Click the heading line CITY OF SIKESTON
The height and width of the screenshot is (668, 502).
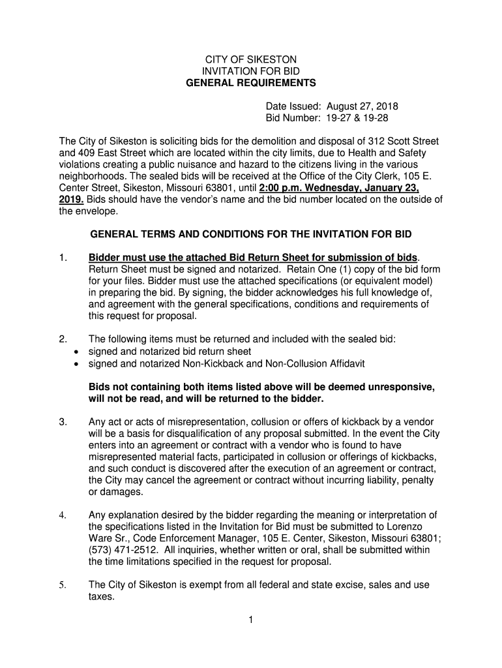250,59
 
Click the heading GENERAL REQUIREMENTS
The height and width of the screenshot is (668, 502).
250,83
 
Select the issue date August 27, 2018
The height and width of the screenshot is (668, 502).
362,106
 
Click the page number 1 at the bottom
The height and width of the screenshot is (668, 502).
250,620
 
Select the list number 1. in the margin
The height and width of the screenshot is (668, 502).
63,258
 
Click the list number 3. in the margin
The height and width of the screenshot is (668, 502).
63,422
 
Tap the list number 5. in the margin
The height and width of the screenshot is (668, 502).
63,584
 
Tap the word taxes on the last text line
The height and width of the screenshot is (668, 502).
101,596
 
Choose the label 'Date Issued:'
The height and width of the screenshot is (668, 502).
293,106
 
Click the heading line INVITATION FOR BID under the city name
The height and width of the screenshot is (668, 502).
250,71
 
